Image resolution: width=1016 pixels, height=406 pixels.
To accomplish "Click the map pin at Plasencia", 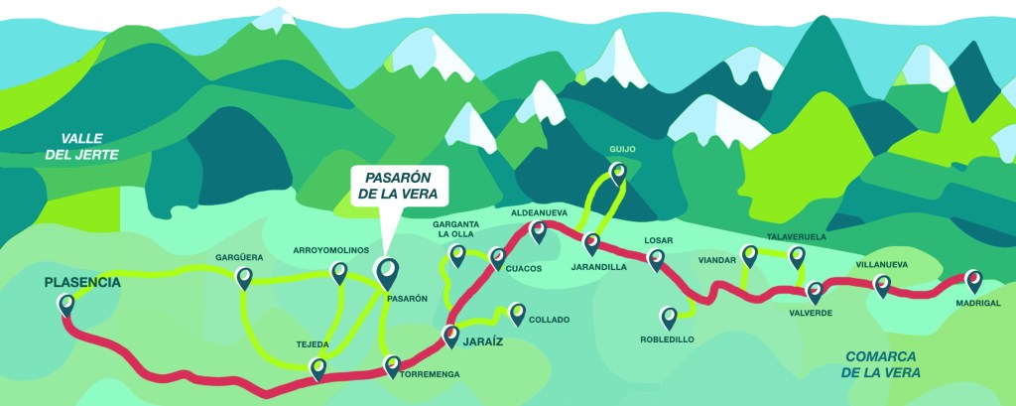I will coord(66,304).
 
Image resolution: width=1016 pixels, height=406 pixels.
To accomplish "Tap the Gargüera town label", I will coord(239,258).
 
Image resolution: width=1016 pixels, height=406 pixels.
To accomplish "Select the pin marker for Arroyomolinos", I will coord(339,271).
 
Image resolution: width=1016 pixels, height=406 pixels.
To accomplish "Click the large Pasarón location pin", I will coord(386,269).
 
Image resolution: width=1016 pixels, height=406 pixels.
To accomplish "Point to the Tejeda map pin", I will coord(318,367).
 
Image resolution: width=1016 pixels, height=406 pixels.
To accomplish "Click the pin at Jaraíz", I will coord(451,335).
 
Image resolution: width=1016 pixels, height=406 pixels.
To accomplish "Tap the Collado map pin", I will coord(517,313).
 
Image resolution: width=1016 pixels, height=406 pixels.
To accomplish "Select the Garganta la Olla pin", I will coord(458,255).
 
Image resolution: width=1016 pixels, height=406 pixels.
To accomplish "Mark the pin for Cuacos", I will coord(498,256).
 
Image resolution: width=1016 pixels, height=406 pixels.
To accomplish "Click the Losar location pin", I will coord(656,259).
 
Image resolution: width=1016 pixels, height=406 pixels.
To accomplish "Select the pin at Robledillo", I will coord(670,316).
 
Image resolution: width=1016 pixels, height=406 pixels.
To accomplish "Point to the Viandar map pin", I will coord(750,255).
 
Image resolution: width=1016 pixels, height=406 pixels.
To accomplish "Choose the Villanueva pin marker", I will coord(881,285).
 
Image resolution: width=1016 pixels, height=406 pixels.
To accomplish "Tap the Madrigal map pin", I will coord(974,280).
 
